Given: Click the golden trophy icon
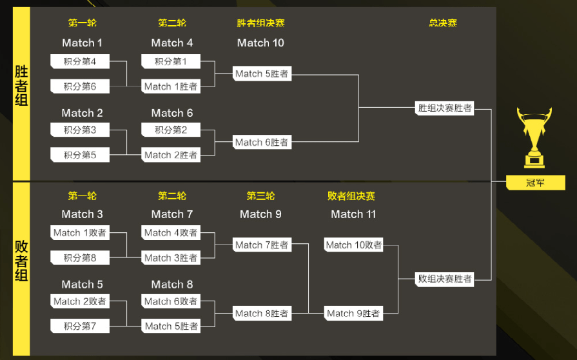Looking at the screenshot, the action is point(534,137).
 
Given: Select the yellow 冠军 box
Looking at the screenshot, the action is point(536,183).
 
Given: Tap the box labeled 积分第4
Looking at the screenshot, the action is point(80,61).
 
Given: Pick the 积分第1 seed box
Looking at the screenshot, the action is point(171,61).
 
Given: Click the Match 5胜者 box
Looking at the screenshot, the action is point(262,74).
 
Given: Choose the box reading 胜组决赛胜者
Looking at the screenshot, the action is point(445,108).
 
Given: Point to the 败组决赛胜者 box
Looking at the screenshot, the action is point(445,279).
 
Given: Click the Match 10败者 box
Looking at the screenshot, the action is point(354,245).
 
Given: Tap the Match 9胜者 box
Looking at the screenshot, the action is point(354,314).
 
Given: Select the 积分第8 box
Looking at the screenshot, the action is point(80,257).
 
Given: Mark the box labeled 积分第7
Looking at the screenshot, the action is point(80,326).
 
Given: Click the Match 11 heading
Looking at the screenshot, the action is point(353,214).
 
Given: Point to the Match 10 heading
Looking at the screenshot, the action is point(260,43).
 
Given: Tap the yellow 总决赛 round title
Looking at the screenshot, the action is point(443,23).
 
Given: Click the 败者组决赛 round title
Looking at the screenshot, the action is point(351,196).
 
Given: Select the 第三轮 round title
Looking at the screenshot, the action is point(260,196).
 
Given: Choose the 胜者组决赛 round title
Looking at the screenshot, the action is point(260,23).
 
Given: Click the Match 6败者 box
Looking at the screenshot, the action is point(171,301).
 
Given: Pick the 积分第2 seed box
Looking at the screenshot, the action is point(171,130).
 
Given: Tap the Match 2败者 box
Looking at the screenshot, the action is point(80,301).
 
